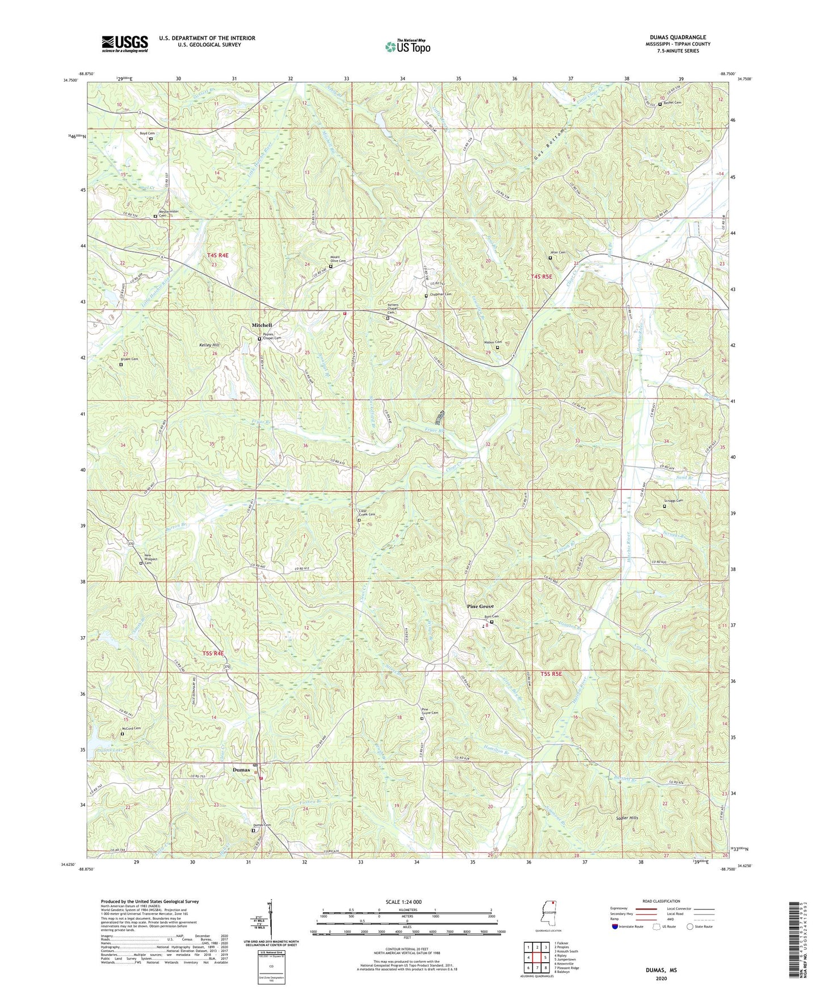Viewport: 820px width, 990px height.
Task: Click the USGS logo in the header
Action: pyautogui.click(x=125, y=43)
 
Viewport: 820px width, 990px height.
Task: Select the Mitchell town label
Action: pyautogui.click(x=262, y=325)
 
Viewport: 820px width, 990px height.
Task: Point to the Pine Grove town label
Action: pyautogui.click(x=480, y=606)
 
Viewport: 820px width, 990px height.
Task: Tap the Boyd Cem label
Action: pyautogui.click(x=147, y=133)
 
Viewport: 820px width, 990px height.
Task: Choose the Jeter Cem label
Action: pyautogui.click(x=557, y=252)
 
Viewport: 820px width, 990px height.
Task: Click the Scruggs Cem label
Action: pyautogui.click(x=673, y=501)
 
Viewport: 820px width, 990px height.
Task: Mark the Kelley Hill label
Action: pyautogui.click(x=209, y=345)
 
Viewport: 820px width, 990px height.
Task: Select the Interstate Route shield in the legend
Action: pyautogui.click(x=615, y=926)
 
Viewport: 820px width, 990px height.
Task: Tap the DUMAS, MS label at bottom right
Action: pyautogui.click(x=661, y=970)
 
